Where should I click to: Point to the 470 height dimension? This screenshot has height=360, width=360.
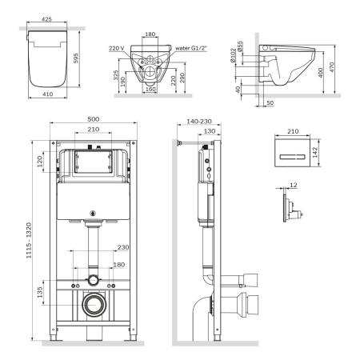click(342, 71)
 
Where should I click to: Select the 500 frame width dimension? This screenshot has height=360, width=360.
click(94, 119)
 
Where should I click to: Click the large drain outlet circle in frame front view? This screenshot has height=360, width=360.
click(94, 305)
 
